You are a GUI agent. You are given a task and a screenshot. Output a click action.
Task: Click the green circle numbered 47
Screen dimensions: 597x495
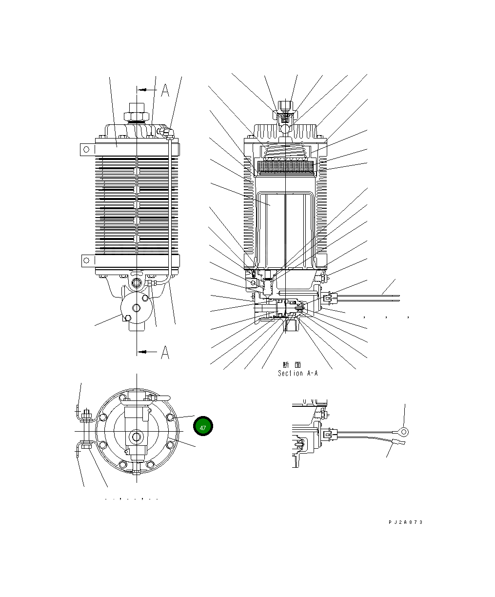pos(203,427)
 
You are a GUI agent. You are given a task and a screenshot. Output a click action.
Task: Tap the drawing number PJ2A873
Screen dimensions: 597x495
pos(405,522)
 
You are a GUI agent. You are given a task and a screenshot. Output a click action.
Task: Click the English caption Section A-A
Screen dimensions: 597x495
pos(297,373)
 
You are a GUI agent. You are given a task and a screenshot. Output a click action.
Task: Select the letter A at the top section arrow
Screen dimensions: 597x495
pos(165,91)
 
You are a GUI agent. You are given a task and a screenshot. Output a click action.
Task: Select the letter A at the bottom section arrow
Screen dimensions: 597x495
pos(165,352)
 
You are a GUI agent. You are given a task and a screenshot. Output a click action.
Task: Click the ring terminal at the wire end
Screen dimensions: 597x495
pos(403,431)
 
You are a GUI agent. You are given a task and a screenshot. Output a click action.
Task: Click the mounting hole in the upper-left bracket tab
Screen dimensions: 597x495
pos(86,149)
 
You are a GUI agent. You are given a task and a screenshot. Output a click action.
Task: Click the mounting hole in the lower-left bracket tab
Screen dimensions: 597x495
pos(86,261)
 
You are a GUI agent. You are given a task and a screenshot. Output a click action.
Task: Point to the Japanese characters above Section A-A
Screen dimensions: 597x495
pos(292,365)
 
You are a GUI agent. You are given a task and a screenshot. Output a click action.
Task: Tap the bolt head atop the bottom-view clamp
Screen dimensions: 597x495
pos(86,416)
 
